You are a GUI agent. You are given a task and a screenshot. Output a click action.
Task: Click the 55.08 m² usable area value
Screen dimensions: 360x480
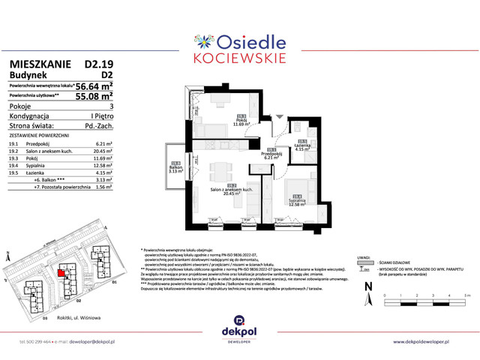92,96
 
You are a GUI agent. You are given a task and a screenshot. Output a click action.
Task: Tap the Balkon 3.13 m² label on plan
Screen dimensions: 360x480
175,168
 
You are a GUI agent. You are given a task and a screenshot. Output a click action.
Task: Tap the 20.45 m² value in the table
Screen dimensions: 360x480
101,150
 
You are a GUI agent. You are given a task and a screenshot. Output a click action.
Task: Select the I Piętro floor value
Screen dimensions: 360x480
101,116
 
